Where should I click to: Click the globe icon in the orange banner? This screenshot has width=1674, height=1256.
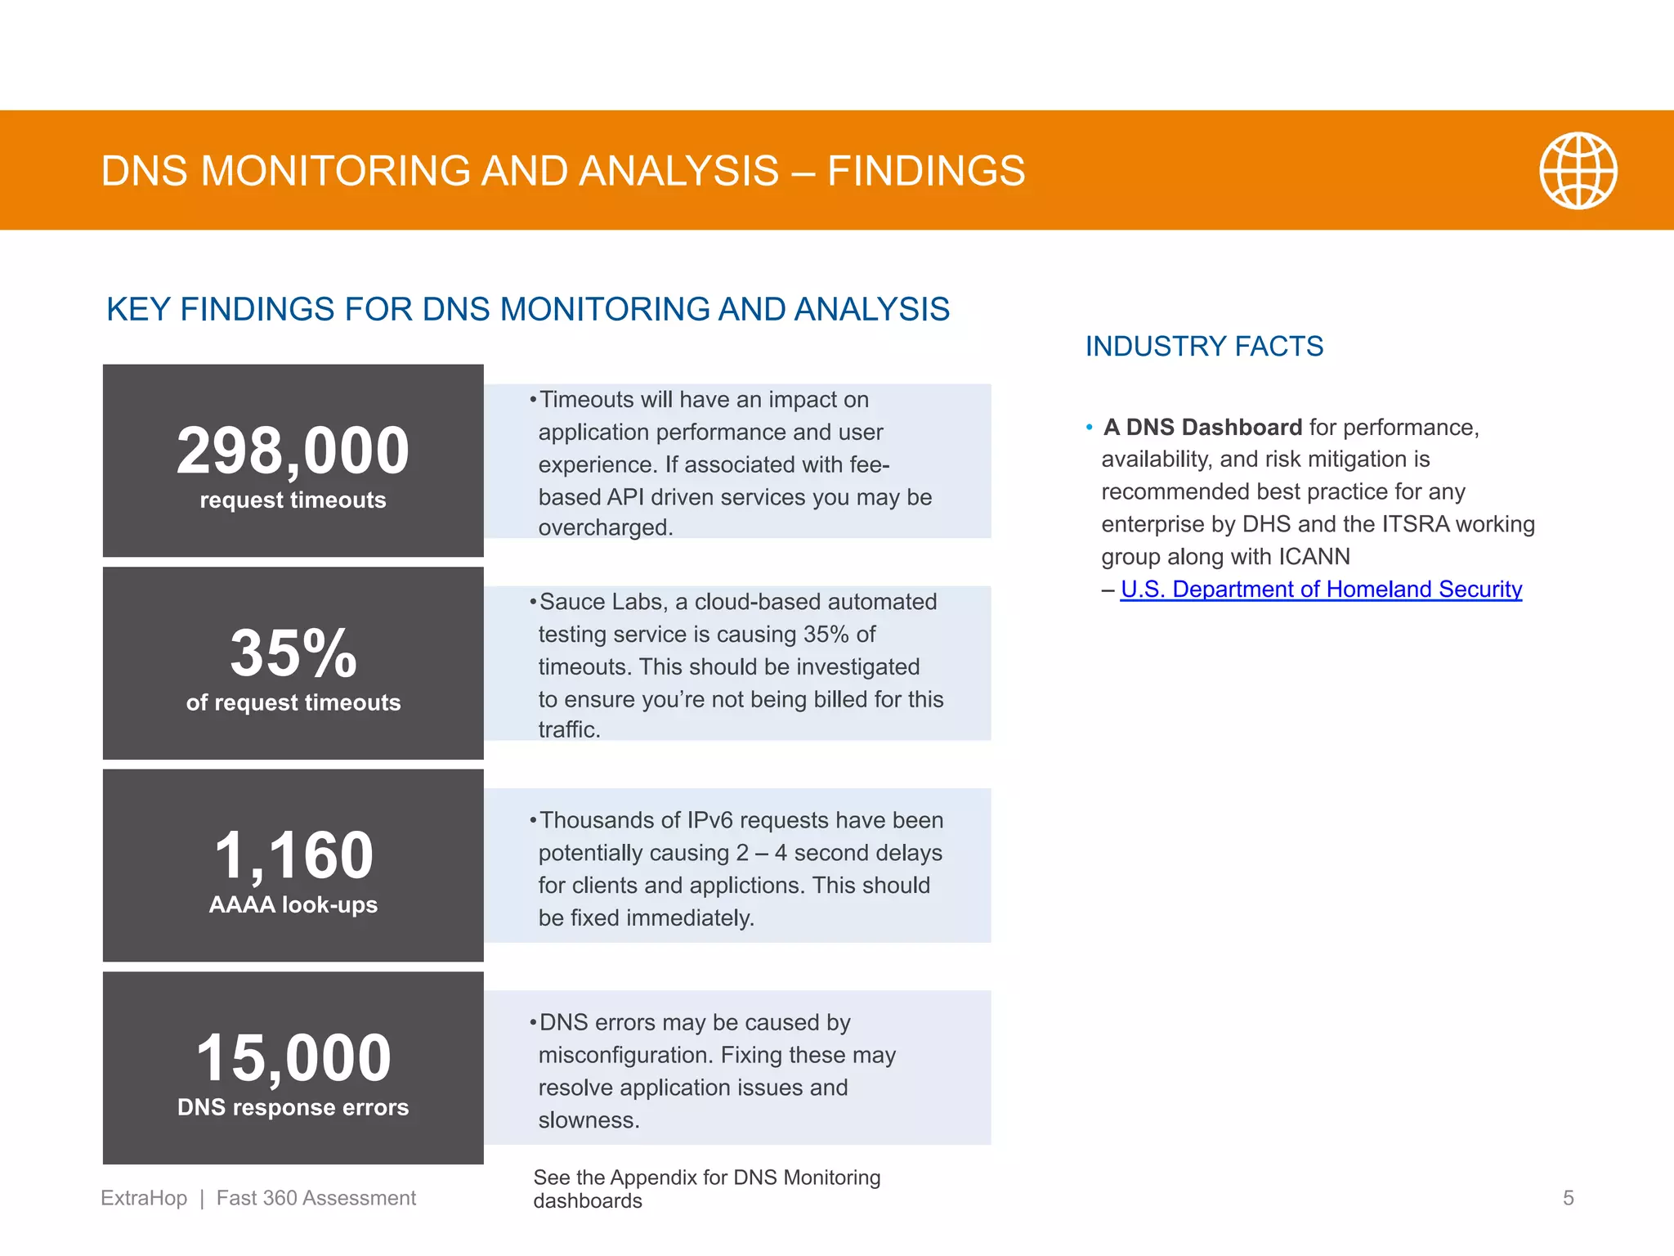[x=1578, y=171]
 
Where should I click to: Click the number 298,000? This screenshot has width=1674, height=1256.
[x=293, y=451]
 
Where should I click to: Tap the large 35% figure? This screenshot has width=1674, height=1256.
[x=293, y=653]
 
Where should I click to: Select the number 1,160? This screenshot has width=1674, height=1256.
[x=293, y=855]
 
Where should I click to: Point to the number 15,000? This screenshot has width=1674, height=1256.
[x=293, y=1057]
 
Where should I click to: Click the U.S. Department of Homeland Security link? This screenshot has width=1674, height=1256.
[x=1321, y=590]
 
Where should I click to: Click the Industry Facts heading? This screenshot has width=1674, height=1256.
[x=1204, y=347]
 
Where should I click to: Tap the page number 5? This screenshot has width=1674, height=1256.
[x=1568, y=1198]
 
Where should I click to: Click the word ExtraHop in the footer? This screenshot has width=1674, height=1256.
[x=144, y=1198]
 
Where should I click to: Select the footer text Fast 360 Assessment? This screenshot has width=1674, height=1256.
[x=316, y=1198]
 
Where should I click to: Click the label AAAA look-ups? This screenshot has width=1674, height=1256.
[x=293, y=905]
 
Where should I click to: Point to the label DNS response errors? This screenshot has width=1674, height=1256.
[x=293, y=1107]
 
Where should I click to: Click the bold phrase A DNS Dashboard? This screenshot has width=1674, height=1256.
[x=1202, y=428]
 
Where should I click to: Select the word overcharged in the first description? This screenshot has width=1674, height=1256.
[x=605, y=528]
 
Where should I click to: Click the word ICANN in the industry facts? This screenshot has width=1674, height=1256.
[x=1314, y=557]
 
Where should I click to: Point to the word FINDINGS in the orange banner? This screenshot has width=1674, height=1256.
[x=926, y=171]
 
